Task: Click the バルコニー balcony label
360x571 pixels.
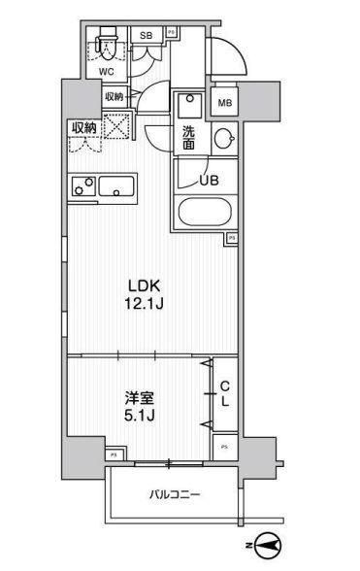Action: tap(175, 495)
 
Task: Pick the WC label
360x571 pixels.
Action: tap(107, 70)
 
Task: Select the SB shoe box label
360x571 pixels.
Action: tap(147, 36)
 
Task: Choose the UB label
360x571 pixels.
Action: tap(207, 180)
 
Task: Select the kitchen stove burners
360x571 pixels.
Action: tap(82, 185)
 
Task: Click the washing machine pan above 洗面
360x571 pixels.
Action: tap(188, 105)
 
